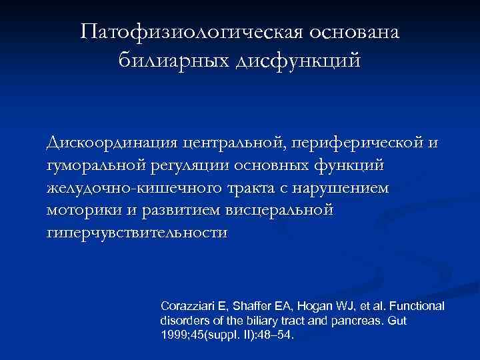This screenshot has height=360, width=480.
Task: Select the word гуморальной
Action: pos(91,165)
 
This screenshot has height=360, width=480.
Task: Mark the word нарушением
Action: pos(349,187)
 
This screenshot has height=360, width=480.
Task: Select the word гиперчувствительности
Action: pos(137,233)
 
